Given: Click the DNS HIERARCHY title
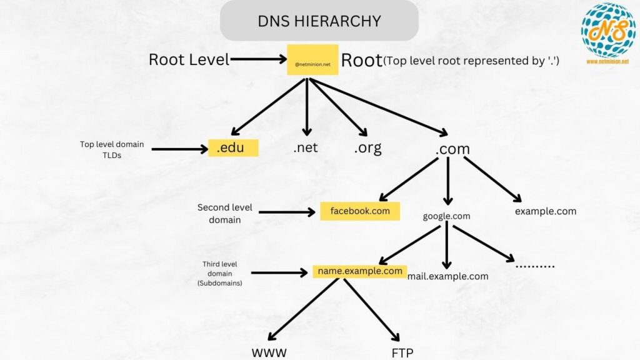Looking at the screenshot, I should point(319,21).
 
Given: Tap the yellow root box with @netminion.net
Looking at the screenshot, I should point(312,60).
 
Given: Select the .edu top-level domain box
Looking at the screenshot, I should point(233,148).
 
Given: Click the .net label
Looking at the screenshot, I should point(306,148).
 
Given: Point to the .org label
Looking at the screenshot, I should point(367,148).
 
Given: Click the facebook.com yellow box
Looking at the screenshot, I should point(360,211).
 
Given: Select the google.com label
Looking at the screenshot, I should point(446,216).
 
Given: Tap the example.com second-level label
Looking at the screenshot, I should point(546,211).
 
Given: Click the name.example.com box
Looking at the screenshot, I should point(360,271).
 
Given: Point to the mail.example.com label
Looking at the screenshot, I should point(447,276).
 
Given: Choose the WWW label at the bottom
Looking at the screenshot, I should point(269,353).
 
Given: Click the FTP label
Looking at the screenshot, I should point(402,353).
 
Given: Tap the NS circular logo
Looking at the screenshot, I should point(607,30).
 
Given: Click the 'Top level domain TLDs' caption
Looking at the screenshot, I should point(112,149).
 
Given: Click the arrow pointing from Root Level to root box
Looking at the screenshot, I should point(258,60).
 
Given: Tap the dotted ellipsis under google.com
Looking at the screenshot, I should point(535,266).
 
